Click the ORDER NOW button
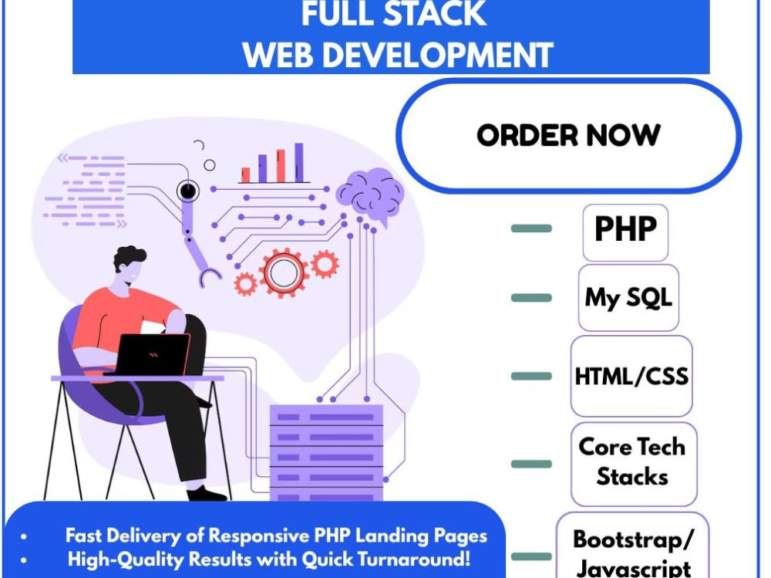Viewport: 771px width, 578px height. click(x=568, y=135)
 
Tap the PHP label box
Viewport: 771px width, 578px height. click(x=625, y=232)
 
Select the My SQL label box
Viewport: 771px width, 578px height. click(x=628, y=298)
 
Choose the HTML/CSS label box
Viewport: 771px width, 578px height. click(x=631, y=376)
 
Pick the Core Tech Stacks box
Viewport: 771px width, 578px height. click(x=634, y=464)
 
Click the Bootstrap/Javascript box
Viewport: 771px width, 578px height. click(x=632, y=546)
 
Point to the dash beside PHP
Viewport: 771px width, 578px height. click(x=531, y=228)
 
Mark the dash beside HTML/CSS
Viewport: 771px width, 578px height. click(x=531, y=376)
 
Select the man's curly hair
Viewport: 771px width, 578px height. click(x=130, y=259)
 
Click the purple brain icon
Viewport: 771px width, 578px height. click(x=370, y=195)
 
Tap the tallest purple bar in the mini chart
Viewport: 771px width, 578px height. click(x=299, y=163)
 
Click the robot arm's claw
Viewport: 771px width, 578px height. click(x=210, y=277)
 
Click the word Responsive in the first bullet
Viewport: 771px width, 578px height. click(x=261, y=536)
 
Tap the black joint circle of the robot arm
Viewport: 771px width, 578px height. click(x=187, y=190)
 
